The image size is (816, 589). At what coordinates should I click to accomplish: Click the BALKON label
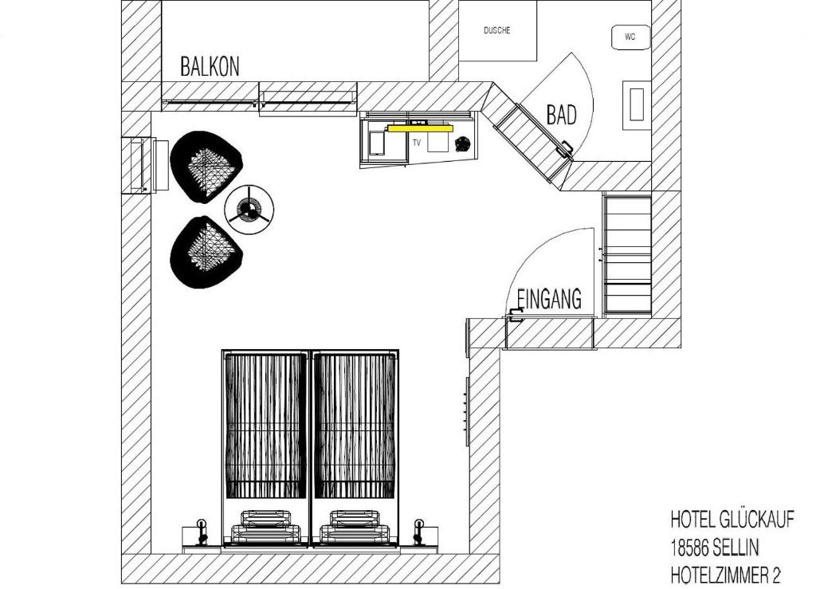210,67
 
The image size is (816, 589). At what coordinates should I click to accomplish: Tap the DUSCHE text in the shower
497,31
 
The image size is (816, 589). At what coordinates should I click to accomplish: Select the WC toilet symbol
630,37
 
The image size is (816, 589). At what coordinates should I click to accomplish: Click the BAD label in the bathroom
562,115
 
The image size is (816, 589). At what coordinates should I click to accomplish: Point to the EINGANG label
549,299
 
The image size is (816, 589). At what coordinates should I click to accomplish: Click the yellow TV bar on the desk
420,128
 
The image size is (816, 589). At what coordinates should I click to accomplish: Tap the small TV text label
416,143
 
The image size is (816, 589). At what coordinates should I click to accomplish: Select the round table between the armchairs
249,210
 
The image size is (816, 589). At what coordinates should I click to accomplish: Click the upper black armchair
206,167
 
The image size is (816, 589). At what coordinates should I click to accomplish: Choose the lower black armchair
206,252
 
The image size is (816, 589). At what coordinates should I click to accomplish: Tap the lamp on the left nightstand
202,532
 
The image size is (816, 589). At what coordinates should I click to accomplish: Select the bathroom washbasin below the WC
637,105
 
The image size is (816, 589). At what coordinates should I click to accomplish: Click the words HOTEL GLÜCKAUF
732,520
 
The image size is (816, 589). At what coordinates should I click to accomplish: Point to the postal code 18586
689,548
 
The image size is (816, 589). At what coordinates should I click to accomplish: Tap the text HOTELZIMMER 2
725,575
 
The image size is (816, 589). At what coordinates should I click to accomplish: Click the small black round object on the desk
461,143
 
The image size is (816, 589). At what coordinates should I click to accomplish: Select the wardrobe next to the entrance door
626,256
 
